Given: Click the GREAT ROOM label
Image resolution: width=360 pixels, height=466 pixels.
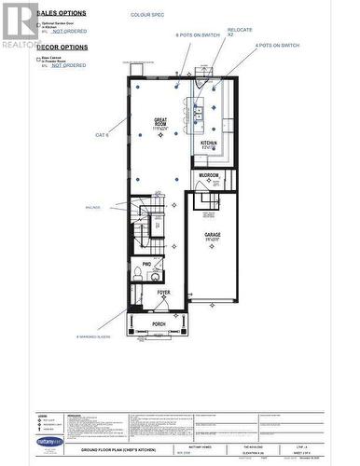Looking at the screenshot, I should [x=160, y=122].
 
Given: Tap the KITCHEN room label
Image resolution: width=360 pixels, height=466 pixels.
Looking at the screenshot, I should [x=209, y=144].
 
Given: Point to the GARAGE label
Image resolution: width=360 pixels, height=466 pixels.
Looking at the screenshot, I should [x=213, y=237].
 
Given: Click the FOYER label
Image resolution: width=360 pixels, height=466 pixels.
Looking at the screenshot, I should [x=163, y=293].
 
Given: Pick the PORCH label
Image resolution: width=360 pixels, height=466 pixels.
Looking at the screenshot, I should [x=159, y=324].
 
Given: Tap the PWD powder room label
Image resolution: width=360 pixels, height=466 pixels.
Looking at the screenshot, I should [x=147, y=265].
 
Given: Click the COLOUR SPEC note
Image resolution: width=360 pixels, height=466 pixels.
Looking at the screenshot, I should [x=147, y=16].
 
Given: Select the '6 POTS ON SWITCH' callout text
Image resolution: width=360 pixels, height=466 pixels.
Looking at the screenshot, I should [x=198, y=34].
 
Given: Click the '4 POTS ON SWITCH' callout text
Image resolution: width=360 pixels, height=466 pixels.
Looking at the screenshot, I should [x=277, y=45].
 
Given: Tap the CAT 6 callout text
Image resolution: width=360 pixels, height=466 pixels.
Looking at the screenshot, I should [x=103, y=135].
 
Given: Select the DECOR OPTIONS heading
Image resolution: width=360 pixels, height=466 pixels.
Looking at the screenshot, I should [x=62, y=47].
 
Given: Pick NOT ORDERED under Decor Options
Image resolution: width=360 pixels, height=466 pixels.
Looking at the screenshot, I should [x=68, y=65].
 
